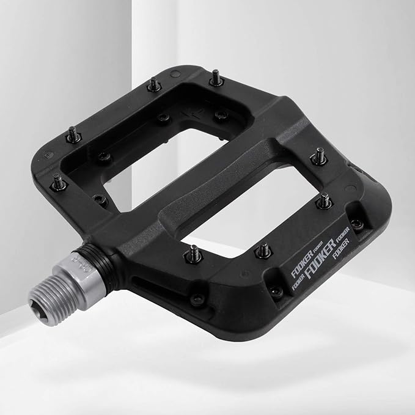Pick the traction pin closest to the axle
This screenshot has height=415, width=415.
point(194,252)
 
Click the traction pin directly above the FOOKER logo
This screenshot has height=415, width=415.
point(263,250)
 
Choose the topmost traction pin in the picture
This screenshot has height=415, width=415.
point(216,78)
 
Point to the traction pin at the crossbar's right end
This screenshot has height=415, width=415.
point(318,157)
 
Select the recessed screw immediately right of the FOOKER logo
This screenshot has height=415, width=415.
point(358,224)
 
